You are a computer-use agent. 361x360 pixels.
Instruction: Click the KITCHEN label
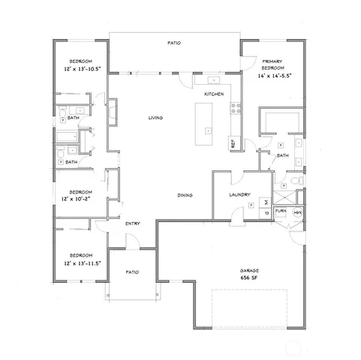click(x=215, y=94)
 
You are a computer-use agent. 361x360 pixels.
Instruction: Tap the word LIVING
click(x=155, y=118)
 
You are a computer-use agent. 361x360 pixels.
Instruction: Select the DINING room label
click(x=185, y=196)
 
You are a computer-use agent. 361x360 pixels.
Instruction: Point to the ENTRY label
click(x=133, y=223)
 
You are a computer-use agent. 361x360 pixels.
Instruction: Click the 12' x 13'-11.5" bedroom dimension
click(x=81, y=263)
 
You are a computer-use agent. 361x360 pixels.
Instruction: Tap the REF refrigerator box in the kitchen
click(x=233, y=141)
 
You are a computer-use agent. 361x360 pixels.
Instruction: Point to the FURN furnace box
click(x=281, y=212)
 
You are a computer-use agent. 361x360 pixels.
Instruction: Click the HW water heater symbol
click(x=297, y=212)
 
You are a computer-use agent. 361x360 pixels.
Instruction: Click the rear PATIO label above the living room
click(x=175, y=44)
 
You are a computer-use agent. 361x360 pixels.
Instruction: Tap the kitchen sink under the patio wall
click(x=204, y=79)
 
